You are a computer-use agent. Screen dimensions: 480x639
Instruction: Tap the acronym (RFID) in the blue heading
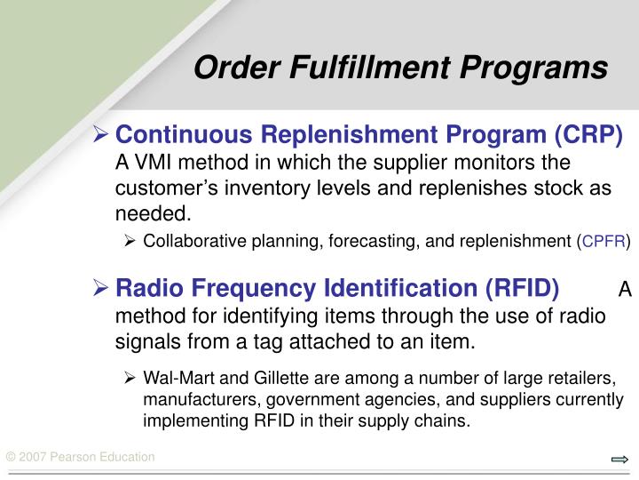click(521, 289)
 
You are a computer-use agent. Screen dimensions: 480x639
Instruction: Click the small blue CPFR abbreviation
click(604, 241)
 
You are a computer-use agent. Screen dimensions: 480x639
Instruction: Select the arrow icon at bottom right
click(619, 460)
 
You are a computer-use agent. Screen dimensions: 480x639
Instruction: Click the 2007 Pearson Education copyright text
click(80, 457)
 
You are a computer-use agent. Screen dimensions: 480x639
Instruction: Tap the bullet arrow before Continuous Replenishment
click(102, 135)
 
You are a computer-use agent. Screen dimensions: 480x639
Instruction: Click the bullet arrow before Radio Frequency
click(102, 290)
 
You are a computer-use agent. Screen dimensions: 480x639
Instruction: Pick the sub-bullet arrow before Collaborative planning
click(130, 240)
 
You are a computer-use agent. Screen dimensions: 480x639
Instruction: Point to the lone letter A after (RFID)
click(624, 290)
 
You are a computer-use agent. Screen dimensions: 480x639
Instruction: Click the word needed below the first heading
click(151, 213)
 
